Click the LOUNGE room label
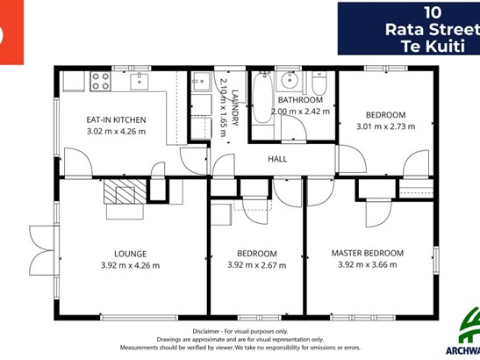point(131,254)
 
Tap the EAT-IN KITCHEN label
point(116,119)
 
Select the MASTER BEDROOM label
point(368,253)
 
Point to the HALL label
point(277,159)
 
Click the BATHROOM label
point(300,100)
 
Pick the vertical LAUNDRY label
point(235,108)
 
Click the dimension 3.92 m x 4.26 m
point(131,265)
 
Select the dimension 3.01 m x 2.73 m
point(386,126)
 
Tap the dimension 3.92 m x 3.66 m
point(368,264)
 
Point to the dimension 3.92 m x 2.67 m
point(257,265)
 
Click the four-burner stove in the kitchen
point(100,82)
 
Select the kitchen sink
point(140,81)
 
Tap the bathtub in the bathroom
point(262,97)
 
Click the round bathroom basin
point(290,80)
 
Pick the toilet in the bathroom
point(319,83)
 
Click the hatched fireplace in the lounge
point(125,191)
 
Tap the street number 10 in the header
point(433,13)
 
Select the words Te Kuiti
point(433,46)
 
